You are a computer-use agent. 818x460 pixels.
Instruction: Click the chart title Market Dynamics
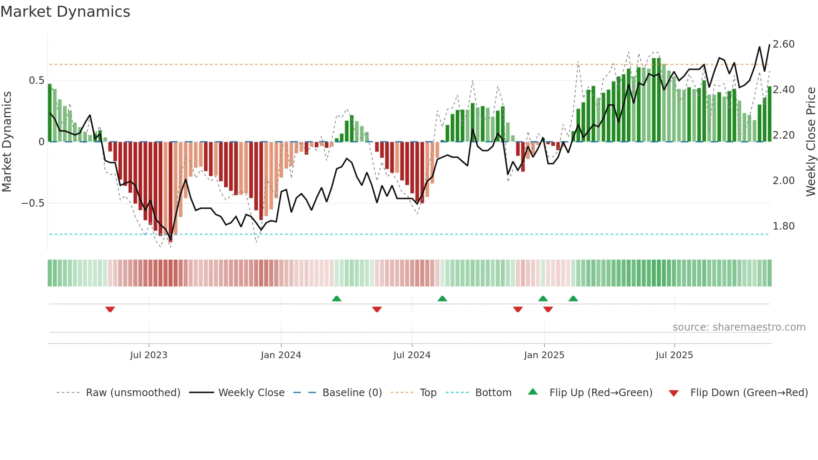click(65, 12)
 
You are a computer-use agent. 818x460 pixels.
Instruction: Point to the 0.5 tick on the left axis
click(36, 81)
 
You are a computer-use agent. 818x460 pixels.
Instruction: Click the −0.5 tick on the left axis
click(33, 203)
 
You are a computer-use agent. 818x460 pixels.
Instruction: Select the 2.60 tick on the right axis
click(783, 44)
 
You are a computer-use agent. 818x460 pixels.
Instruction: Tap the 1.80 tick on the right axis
click(783, 226)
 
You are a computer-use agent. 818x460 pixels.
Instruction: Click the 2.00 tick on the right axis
click(783, 181)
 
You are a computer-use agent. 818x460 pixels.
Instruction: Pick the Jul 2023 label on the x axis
click(149, 355)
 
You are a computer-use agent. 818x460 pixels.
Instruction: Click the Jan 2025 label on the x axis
click(544, 355)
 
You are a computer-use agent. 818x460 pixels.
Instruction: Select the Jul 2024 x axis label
click(412, 355)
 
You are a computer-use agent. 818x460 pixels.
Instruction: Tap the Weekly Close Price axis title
click(810, 142)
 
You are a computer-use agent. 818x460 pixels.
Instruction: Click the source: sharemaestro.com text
click(739, 327)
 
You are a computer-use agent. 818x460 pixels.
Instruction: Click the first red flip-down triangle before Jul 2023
click(110, 309)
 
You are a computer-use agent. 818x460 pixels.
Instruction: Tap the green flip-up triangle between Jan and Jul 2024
click(336, 298)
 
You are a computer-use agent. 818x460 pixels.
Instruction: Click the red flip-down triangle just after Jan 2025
click(548, 309)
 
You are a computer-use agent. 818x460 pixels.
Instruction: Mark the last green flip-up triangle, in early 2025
click(573, 298)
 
